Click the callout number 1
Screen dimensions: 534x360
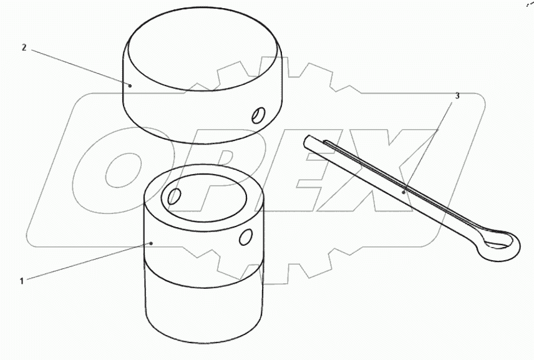22,281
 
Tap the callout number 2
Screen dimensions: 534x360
24,47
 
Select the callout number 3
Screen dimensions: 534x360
457,96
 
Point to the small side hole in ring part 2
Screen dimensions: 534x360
258,115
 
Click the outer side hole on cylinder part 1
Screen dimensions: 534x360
246,236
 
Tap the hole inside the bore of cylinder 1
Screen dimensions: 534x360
175,197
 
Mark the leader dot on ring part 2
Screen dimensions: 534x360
130,85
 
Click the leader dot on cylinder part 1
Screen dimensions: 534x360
152,243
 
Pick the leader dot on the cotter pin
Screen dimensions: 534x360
404,192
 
